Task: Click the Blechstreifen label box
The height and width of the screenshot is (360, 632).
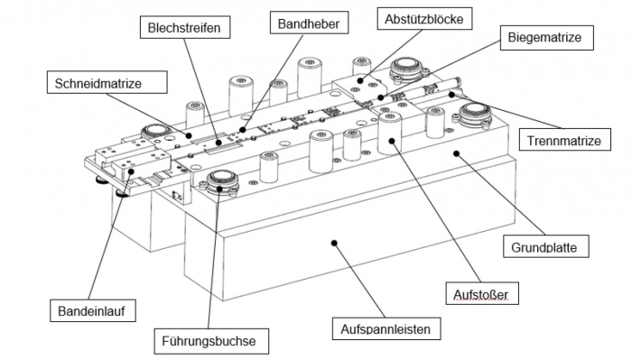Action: tap(185, 27)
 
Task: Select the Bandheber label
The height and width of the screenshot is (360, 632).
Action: tap(309, 23)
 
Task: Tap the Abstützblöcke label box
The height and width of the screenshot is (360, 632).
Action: tap(424, 19)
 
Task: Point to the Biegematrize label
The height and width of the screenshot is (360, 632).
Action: tap(546, 38)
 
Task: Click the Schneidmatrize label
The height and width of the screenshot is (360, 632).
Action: tap(107, 82)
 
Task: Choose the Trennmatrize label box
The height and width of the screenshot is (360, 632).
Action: tap(564, 140)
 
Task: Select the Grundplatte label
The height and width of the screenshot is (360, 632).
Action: tap(545, 246)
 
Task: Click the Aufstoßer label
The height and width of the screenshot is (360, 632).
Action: tap(482, 293)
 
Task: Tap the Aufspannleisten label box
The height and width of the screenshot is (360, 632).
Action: tap(386, 328)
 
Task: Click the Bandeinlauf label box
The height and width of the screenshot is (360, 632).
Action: tap(93, 310)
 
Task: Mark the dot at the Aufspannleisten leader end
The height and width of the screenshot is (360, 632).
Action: tap(334, 243)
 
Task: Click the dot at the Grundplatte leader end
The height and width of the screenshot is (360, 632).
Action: tap(457, 153)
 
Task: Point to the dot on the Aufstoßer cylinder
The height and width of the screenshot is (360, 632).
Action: tap(391, 141)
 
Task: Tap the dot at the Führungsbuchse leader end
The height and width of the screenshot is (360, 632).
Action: tap(219, 188)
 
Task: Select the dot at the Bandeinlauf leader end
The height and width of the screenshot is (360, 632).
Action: tap(131, 171)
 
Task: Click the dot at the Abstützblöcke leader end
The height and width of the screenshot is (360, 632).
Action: tap(360, 80)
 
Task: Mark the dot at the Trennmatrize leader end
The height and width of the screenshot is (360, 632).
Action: tap(451, 95)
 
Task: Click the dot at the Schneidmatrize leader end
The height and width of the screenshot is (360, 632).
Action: tap(189, 135)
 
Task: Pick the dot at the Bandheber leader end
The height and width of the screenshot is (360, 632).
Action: tap(242, 130)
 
